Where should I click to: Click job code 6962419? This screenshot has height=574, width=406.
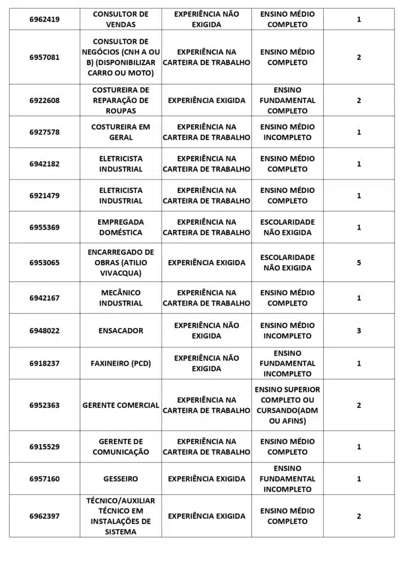(x=44, y=20)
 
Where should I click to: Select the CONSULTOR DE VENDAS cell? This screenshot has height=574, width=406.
(x=121, y=20)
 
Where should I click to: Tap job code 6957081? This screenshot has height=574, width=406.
(x=44, y=57)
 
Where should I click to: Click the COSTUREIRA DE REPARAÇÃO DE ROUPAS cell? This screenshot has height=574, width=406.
(x=121, y=100)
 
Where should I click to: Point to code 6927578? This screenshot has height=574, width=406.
(x=44, y=132)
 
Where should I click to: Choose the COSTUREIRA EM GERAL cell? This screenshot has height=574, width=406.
(x=121, y=132)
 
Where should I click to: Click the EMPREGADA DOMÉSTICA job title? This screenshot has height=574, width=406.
(x=121, y=227)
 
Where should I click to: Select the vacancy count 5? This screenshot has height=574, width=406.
(x=359, y=262)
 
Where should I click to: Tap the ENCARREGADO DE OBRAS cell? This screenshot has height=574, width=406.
(x=121, y=262)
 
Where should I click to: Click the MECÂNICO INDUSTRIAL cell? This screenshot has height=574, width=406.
(x=121, y=298)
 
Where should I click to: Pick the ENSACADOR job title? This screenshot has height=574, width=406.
(x=121, y=330)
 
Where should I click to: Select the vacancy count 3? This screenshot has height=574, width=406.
(x=359, y=330)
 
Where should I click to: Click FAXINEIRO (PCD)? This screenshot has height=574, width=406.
(x=121, y=363)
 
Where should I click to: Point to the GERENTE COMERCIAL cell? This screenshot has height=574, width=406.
(x=121, y=405)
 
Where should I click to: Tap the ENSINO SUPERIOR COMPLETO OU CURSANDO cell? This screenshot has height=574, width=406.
(x=287, y=405)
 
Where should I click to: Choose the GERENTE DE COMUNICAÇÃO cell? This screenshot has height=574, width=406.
(x=121, y=447)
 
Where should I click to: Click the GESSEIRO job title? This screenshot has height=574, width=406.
(x=121, y=479)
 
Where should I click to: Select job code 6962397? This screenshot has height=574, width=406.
(x=44, y=516)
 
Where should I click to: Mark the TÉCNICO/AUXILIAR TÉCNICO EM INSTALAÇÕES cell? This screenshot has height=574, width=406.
(x=121, y=516)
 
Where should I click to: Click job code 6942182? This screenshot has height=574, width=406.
(x=44, y=164)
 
